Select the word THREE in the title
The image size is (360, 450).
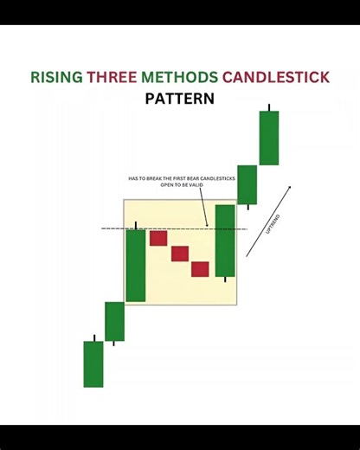pos(110,77)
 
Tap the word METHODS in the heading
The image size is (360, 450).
pos(177,77)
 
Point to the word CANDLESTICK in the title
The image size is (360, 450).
pos(276,77)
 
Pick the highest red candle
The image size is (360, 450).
pos(157,237)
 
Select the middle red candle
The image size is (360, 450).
pos(180,253)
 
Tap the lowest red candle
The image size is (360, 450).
pos(201,268)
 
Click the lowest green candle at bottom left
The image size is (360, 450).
pos(93,363)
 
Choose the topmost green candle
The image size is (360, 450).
pos(269,138)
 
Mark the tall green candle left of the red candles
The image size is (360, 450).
pos(136,265)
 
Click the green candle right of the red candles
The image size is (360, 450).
pos(225,240)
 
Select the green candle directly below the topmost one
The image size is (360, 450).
pos(247,184)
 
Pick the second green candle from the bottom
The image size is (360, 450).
pos(114,321)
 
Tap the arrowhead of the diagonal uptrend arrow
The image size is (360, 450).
pos(289,187)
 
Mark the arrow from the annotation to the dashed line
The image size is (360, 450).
pos(203,209)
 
